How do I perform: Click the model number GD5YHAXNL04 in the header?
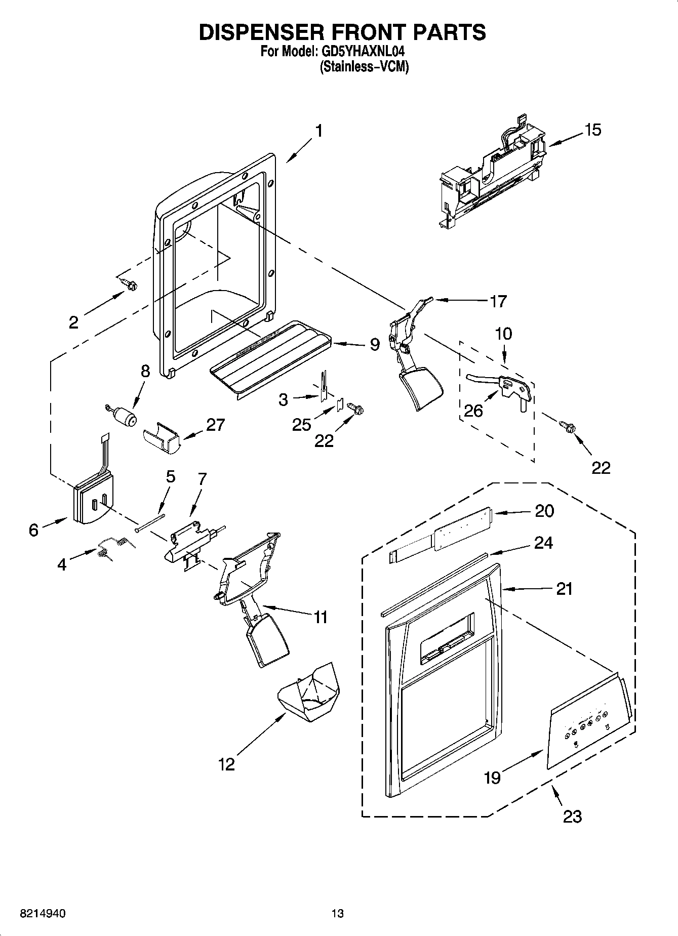click(363, 52)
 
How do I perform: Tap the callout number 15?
click(592, 130)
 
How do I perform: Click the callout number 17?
click(498, 301)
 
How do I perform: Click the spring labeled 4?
click(114, 548)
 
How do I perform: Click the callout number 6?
click(33, 530)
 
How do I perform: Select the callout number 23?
click(572, 816)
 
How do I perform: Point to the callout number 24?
click(544, 543)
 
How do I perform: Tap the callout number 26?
click(473, 410)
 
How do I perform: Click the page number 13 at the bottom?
click(338, 914)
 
